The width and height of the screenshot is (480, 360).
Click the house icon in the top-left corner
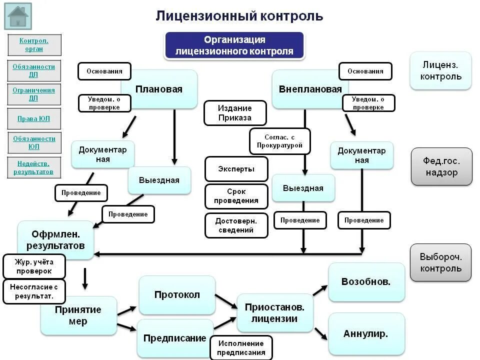pos(18,16)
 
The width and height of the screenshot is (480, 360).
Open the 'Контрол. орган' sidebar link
pos(34,45)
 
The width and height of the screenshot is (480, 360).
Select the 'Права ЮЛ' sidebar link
pos(34,119)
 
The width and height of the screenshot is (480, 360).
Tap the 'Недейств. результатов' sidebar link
pos(34,167)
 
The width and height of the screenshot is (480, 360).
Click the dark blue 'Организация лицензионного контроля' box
pos(234,45)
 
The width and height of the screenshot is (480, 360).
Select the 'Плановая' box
pos(159,89)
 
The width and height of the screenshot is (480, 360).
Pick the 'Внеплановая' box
pos(310,89)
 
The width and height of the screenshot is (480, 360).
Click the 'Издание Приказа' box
pos(234,113)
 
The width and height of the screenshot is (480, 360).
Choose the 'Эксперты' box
pos(236,169)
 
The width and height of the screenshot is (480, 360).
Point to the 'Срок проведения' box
pos(236,196)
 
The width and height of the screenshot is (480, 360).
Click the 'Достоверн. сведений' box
pos(236,225)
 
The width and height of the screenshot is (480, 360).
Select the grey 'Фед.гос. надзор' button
pos(441,167)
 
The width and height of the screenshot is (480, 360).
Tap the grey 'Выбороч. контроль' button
pos(440,262)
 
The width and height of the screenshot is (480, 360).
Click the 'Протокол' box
pos(177,295)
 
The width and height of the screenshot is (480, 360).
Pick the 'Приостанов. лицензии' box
pos(274,313)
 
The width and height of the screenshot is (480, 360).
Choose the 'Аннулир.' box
pos(366,333)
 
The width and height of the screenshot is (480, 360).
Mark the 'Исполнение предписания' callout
pos(240,348)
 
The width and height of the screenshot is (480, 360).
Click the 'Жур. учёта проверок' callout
pos(34,266)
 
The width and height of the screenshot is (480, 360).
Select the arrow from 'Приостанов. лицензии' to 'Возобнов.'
pos(320,290)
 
